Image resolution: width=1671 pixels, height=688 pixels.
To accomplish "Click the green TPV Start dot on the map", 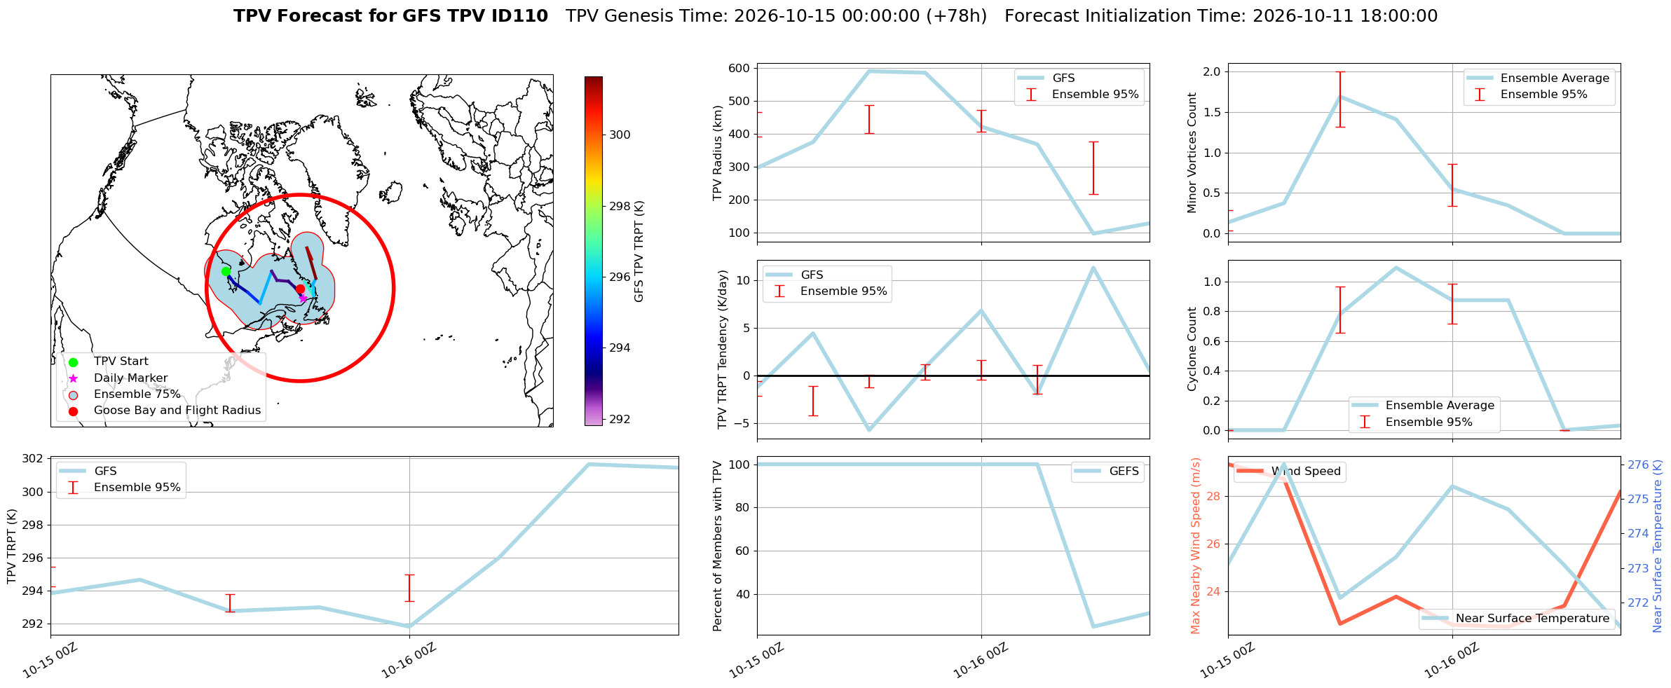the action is point(226,271).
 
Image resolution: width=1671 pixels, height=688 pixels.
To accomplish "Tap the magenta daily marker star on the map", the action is point(303,298).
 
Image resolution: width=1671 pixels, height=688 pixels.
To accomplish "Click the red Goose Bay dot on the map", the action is point(300,289).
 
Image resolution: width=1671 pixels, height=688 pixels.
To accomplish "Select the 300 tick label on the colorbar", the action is point(620,135).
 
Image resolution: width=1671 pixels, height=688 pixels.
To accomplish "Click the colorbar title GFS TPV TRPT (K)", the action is point(639,252).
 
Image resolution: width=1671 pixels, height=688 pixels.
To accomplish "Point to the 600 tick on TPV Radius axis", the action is point(739,69).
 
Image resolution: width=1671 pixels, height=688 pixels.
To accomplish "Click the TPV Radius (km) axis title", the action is point(717,153).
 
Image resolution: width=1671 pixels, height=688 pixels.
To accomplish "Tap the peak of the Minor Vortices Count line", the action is point(1340,96).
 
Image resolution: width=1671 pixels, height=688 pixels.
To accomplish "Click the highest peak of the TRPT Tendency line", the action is point(1093,267).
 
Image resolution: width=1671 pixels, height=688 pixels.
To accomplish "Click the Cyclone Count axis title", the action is point(1192,349).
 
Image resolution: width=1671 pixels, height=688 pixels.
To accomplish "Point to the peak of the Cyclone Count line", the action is point(1396,267).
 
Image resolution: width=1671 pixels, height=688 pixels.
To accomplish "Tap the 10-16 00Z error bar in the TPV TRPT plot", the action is point(409,588).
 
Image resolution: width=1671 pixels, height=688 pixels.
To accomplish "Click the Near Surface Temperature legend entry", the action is point(1532,618).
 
